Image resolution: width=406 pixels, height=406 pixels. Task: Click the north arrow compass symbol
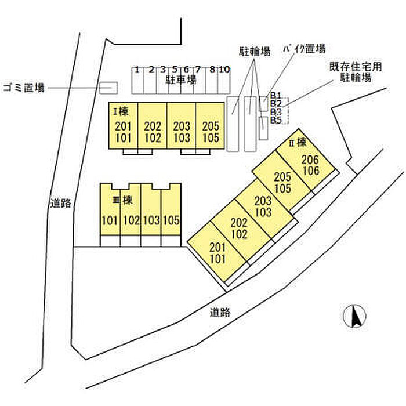(x=354, y=316)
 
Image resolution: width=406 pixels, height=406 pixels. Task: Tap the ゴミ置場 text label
(x=24, y=88)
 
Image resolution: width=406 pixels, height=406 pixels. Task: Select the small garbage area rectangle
(x=109, y=88)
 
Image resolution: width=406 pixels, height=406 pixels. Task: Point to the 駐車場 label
(x=181, y=79)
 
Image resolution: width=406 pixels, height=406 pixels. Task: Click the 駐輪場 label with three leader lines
(x=255, y=51)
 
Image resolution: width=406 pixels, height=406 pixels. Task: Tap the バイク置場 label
(x=304, y=48)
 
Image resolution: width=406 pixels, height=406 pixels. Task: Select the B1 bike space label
(x=276, y=96)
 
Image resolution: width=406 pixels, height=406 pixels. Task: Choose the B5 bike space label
(x=276, y=120)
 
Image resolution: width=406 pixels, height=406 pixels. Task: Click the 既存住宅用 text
(x=356, y=67)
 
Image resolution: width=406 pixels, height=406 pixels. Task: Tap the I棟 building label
(x=121, y=111)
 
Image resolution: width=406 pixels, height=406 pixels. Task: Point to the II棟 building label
(x=298, y=143)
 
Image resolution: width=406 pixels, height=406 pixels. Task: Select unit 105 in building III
(x=171, y=220)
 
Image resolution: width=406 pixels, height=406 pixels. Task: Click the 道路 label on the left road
(x=60, y=203)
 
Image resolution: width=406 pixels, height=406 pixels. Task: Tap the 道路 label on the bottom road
(x=220, y=312)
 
